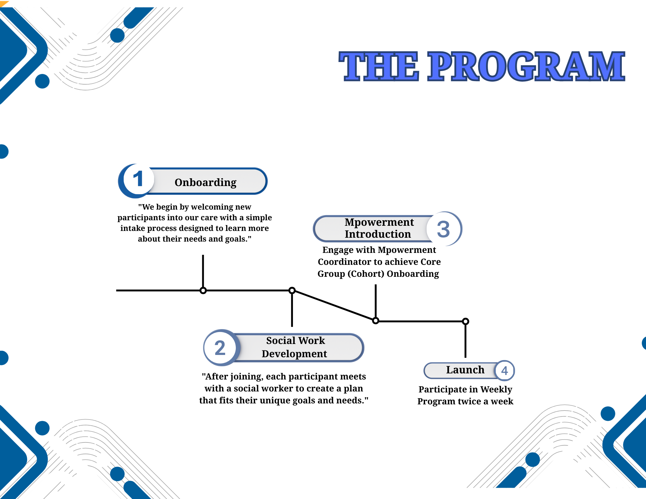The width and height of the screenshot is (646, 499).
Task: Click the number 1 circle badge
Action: [x=138, y=179]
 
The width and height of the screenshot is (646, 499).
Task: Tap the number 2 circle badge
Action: [x=220, y=348]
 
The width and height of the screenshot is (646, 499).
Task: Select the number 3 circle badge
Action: [x=443, y=229]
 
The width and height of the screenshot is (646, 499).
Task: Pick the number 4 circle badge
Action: [x=505, y=371]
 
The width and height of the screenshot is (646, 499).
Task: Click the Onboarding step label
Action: [x=205, y=182]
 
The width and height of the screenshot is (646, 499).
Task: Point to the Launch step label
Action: [x=465, y=370]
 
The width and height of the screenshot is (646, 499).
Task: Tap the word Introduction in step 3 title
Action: [x=378, y=234]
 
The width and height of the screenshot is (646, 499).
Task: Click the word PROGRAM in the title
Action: [x=526, y=67]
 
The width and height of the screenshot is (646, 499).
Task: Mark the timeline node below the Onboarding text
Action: [x=203, y=290]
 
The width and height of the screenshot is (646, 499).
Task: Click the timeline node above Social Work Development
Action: [x=292, y=290]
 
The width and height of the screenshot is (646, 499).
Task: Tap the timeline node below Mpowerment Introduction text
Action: [x=376, y=321]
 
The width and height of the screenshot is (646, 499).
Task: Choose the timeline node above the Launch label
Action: [x=465, y=321]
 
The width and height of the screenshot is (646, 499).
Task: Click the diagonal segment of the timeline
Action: [x=334, y=306]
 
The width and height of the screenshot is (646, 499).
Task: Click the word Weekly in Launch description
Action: [x=496, y=390]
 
